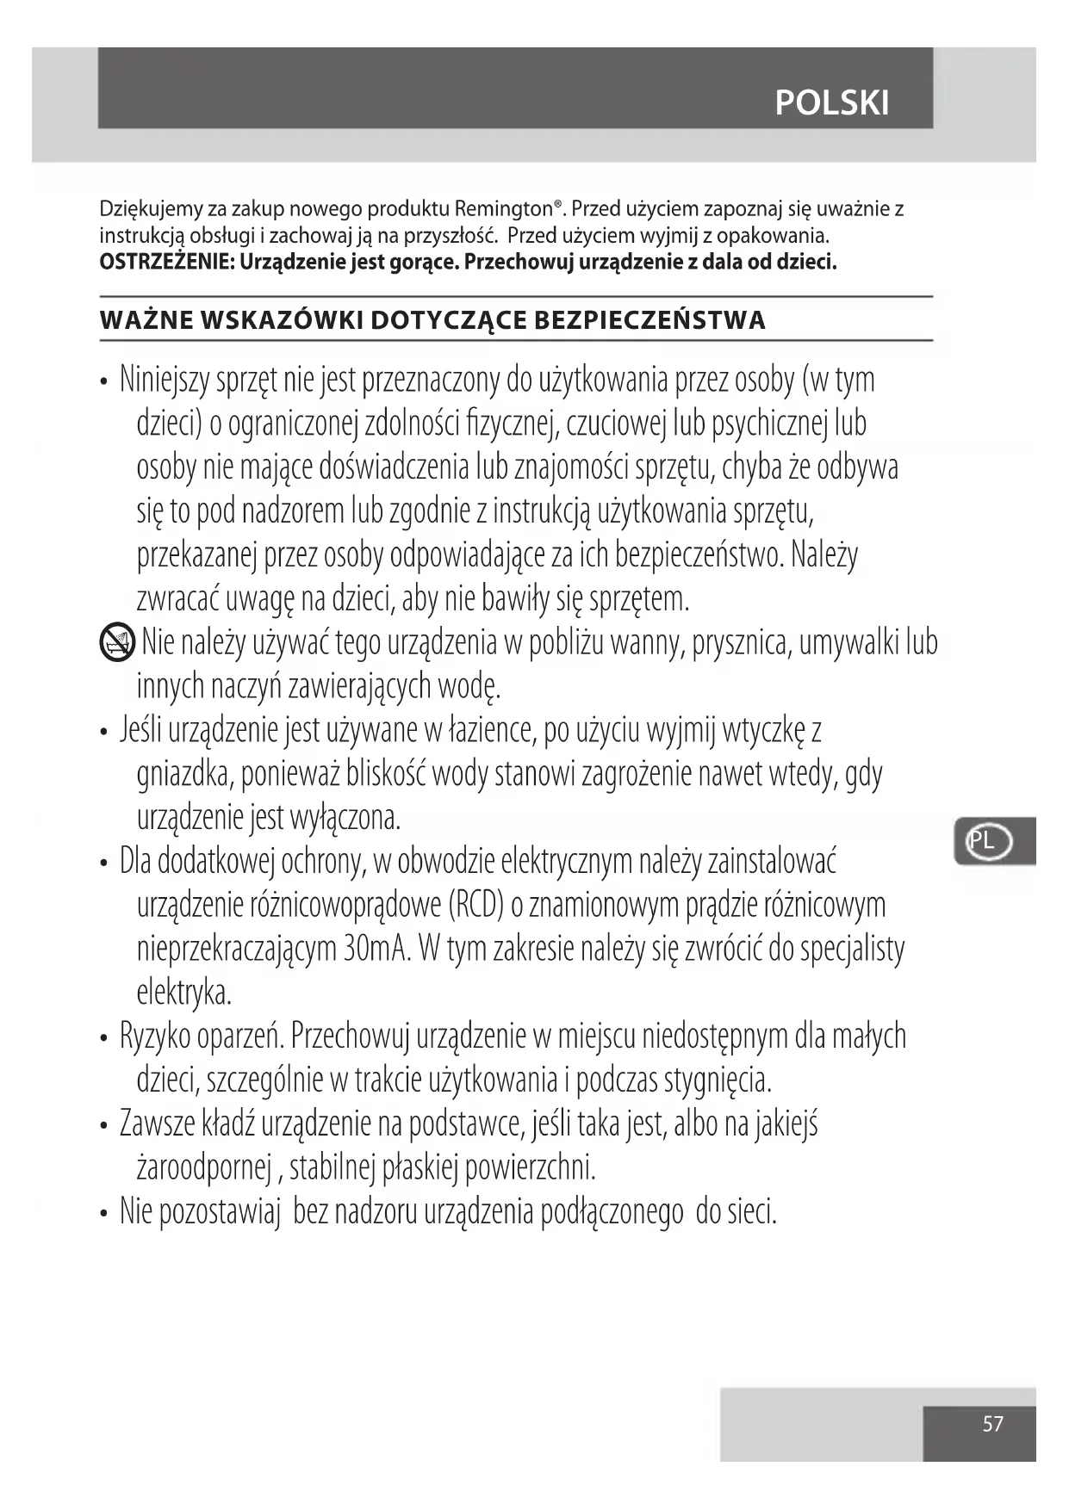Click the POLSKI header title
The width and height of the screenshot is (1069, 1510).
click(831, 103)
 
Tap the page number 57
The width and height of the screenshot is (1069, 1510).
click(992, 1424)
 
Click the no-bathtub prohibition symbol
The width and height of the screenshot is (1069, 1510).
click(117, 642)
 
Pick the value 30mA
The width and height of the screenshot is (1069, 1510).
click(378, 949)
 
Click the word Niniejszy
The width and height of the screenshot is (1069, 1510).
click(164, 380)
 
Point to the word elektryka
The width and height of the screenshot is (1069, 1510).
click(184, 993)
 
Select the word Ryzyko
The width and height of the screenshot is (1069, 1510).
click(155, 1037)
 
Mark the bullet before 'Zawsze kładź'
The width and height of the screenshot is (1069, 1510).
click(104, 1126)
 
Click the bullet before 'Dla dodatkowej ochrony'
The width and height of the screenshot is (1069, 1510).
click(104, 862)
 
